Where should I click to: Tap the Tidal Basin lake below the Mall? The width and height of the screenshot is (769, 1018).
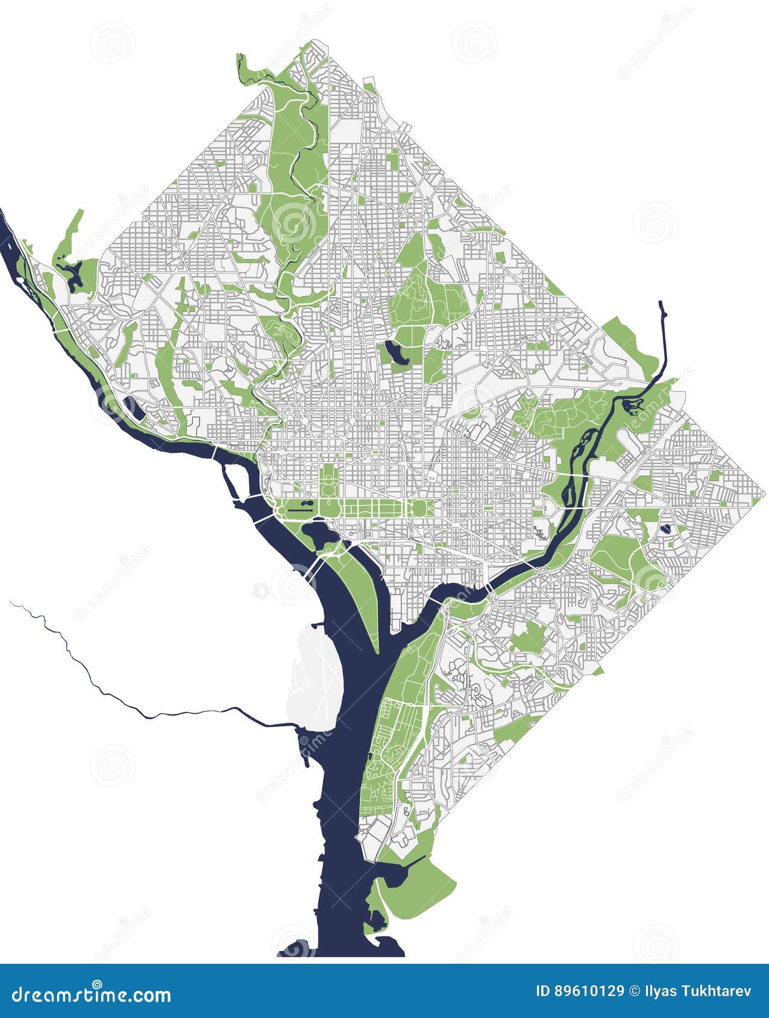316,534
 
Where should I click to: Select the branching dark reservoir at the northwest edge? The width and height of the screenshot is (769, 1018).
75,275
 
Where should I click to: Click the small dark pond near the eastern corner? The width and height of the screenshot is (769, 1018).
665,529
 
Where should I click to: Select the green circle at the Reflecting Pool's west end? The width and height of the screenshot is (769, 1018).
281,511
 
